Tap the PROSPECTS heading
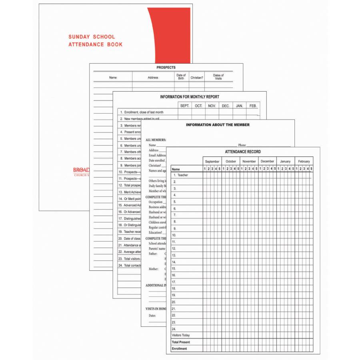[x=166, y=68]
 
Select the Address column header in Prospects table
[x=153, y=78]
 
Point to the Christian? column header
[x=196, y=78]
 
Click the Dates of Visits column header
[x=218, y=77]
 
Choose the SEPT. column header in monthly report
[x=184, y=106]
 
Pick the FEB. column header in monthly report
[x=253, y=106]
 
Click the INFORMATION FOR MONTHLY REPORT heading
[x=190, y=97]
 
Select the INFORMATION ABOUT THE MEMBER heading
[x=218, y=125]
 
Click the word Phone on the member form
[x=242, y=145]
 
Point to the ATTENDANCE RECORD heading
[x=243, y=152]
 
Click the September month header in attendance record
[x=212, y=162]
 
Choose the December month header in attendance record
[x=267, y=162]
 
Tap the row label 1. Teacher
[x=180, y=175]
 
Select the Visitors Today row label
[x=181, y=335]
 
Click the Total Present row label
[x=181, y=342]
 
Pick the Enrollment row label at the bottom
[x=179, y=349]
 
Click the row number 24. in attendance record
[x=174, y=329]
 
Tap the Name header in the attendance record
[x=176, y=169]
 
